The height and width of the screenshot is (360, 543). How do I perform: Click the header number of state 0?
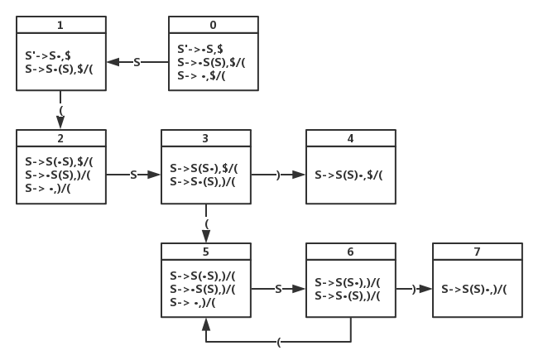[214, 25]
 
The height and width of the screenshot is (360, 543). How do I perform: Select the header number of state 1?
[60, 25]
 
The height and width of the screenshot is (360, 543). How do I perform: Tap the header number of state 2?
[60, 138]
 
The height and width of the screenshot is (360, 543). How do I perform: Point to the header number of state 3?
[205, 138]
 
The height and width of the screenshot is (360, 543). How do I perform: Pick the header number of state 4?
[350, 138]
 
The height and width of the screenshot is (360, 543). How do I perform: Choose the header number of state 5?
[206, 252]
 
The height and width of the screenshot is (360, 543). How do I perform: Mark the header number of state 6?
[350, 252]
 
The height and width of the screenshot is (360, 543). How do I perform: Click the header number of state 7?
[478, 252]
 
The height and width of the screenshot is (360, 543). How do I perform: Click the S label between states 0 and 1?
[137, 62]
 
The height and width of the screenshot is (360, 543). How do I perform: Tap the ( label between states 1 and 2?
[61, 111]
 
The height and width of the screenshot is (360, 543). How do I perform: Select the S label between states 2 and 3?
[133, 175]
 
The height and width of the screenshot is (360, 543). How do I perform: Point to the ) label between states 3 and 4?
[278, 175]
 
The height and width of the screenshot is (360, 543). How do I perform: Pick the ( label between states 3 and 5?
[207, 224]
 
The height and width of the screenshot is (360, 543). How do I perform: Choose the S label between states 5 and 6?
[278, 289]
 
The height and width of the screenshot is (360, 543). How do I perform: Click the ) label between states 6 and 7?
[414, 289]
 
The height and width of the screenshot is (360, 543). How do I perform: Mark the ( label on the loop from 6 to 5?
[279, 343]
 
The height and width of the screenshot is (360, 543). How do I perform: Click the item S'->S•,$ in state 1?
[48, 55]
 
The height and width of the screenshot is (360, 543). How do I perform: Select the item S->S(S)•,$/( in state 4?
[348, 175]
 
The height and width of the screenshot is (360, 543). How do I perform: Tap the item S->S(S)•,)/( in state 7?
[474, 289]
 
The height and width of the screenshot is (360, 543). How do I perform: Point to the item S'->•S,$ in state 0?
[200, 49]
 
